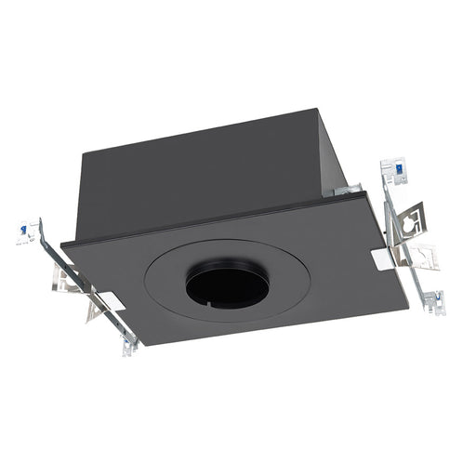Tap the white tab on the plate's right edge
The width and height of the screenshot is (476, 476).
[381, 258]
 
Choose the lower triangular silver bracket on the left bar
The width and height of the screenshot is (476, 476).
[92, 307]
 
